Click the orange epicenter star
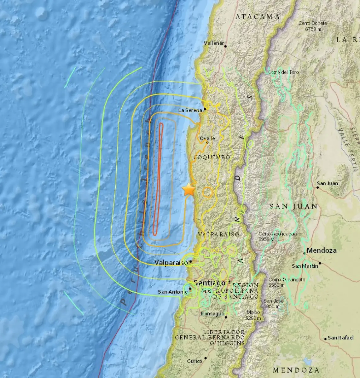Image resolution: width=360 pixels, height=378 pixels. pyautogui.click(x=189, y=190)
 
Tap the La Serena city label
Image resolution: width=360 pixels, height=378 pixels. pyautogui.click(x=190, y=110)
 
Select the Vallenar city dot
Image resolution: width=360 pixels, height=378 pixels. pyautogui.click(x=225, y=46)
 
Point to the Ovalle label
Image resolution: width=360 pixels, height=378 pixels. pyautogui.click(x=207, y=138)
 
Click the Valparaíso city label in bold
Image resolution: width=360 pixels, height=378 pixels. pyautogui.click(x=171, y=262)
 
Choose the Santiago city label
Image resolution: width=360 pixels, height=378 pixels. pyautogui.click(x=210, y=283)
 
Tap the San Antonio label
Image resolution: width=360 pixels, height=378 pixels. pyautogui.click(x=172, y=292)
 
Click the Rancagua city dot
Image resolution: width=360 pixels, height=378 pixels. pyautogui.click(x=226, y=317)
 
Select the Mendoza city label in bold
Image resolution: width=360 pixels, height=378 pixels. pyautogui.click(x=322, y=250)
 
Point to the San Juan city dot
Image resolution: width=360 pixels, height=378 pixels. pyautogui.click(x=318, y=188)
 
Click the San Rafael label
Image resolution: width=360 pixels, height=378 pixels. pyautogui.click(x=340, y=338)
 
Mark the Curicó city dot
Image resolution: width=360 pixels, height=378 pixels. pyautogui.click(x=206, y=358)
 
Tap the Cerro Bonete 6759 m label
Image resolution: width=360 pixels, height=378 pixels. pyautogui.click(x=313, y=26)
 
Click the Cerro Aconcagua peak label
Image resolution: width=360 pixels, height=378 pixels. pyautogui.click(x=277, y=236)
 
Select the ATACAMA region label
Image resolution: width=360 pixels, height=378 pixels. pyautogui.click(x=258, y=17)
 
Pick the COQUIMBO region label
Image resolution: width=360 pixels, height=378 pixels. pyautogui.click(x=212, y=157)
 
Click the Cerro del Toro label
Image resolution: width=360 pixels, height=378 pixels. pyautogui.click(x=283, y=72)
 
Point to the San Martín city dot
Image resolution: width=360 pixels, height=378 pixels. pyautogui.click(x=320, y=263)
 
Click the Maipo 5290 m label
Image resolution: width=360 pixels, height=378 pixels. pyautogui.click(x=253, y=315)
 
